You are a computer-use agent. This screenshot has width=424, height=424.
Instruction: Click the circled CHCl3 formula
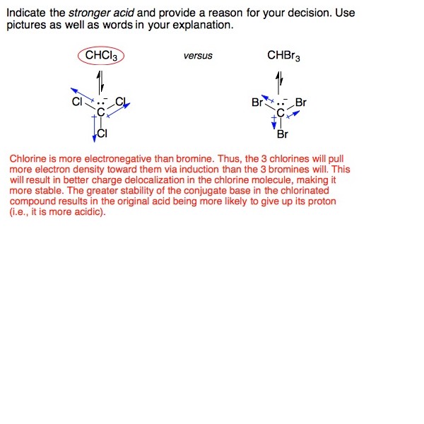point(101,56)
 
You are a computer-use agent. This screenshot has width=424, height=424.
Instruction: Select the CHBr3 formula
point(284,56)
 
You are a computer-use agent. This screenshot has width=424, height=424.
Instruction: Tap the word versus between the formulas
point(198,57)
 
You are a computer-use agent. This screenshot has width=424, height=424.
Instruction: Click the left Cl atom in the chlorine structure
point(77,102)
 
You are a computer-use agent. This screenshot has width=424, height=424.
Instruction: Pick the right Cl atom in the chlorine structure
point(121,101)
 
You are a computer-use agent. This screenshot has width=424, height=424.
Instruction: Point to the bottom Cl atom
point(103,133)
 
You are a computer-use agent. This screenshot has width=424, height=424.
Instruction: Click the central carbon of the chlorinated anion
point(100,112)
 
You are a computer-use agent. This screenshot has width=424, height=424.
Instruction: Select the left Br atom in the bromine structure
point(258,102)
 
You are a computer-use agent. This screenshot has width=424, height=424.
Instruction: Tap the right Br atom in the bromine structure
point(301,102)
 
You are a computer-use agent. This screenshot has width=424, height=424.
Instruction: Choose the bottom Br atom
point(283,134)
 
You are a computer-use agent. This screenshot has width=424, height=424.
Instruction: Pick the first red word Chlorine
point(28,160)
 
